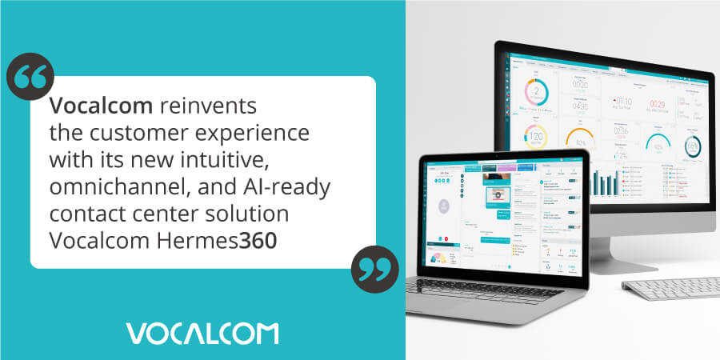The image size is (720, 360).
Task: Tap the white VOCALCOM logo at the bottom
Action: (x=202, y=333)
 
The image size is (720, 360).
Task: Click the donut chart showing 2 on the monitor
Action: (x=536, y=94)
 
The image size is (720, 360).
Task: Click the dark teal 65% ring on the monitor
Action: (x=693, y=146)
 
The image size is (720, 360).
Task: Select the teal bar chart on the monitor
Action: (x=606, y=182)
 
